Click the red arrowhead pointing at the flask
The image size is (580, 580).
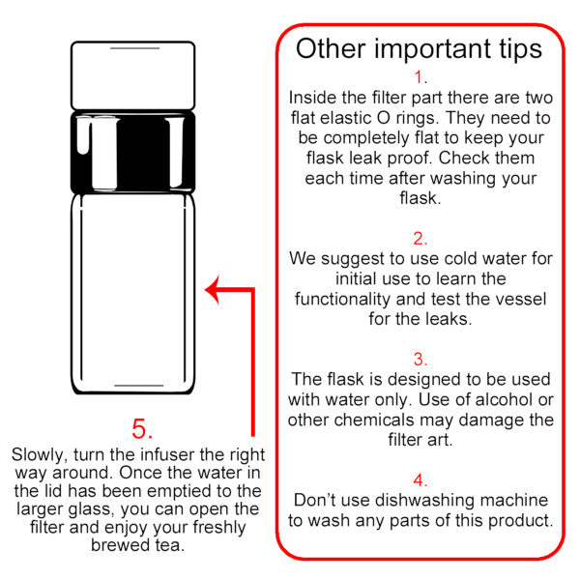[212, 290]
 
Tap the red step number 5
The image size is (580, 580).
[142, 428]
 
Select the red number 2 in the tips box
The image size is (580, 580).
[420, 239]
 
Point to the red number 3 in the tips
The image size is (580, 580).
[420, 360]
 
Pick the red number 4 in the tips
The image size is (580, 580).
[420, 480]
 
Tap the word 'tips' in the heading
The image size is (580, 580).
[521, 50]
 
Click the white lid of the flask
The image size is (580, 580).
[133, 75]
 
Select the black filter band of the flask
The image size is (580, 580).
[133, 153]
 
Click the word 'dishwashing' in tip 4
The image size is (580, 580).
[424, 501]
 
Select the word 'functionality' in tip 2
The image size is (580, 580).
[342, 300]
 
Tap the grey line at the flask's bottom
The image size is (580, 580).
[138, 386]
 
